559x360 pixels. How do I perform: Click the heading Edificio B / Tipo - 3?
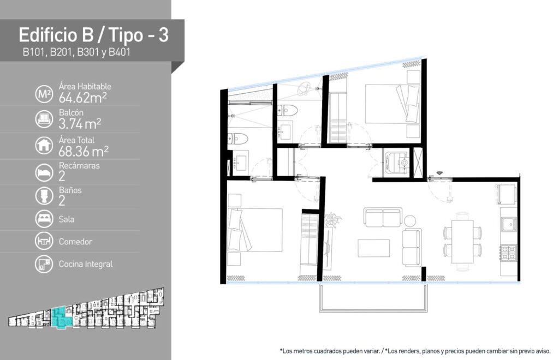tap(93, 35)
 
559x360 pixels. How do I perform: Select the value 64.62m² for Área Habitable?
tap(83, 97)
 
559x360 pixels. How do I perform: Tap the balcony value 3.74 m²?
tap(80, 124)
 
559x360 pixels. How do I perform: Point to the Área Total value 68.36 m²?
tap(84, 151)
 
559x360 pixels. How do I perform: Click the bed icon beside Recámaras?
tap(44, 172)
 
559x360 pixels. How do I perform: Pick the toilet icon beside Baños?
tap(44, 195)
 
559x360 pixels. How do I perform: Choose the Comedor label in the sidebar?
tap(75, 242)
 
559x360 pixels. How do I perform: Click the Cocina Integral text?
tap(86, 264)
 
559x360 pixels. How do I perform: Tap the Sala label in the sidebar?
tap(67, 219)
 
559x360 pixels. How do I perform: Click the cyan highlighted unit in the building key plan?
tap(61, 318)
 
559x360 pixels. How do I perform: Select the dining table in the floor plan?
tap(462, 242)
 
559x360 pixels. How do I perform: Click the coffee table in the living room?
tap(373, 248)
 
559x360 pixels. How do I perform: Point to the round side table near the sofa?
tap(410, 221)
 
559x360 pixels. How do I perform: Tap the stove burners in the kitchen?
tap(508, 253)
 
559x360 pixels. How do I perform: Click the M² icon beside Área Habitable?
tap(44, 94)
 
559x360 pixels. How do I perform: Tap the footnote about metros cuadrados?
tap(330, 351)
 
